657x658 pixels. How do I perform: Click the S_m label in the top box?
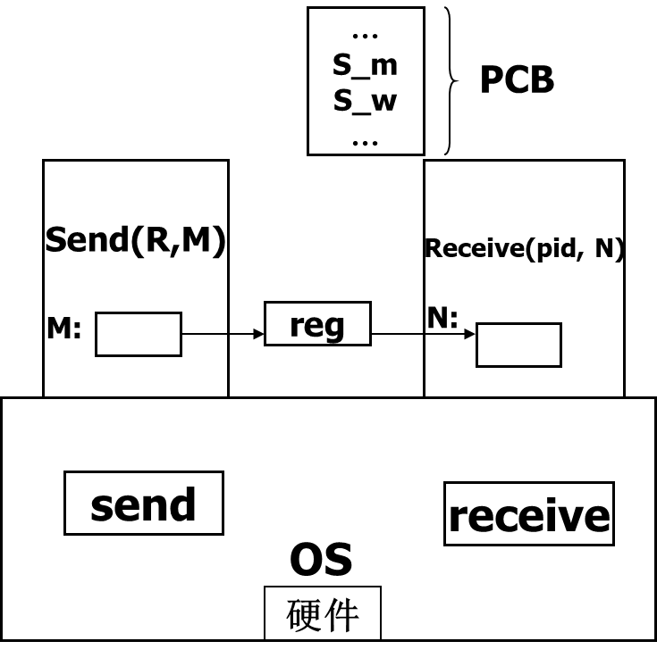(x=365, y=65)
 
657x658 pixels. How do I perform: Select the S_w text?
(x=365, y=101)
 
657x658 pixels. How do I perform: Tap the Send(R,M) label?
(x=135, y=240)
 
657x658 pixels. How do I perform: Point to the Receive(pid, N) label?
(x=524, y=249)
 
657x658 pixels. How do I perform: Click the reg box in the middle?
(x=317, y=324)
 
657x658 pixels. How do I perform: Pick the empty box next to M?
(x=139, y=334)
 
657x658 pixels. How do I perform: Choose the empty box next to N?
(x=518, y=345)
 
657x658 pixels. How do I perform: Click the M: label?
(x=63, y=329)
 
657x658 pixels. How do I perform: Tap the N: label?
(x=442, y=318)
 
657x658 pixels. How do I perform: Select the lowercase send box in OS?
(x=143, y=504)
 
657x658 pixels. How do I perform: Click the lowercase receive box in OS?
(x=528, y=514)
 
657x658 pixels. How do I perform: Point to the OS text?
(x=321, y=560)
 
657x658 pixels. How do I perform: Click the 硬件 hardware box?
(x=323, y=613)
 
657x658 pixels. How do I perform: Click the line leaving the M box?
(x=204, y=334)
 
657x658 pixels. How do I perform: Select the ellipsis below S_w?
(x=365, y=141)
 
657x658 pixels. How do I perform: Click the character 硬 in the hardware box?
(x=304, y=614)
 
